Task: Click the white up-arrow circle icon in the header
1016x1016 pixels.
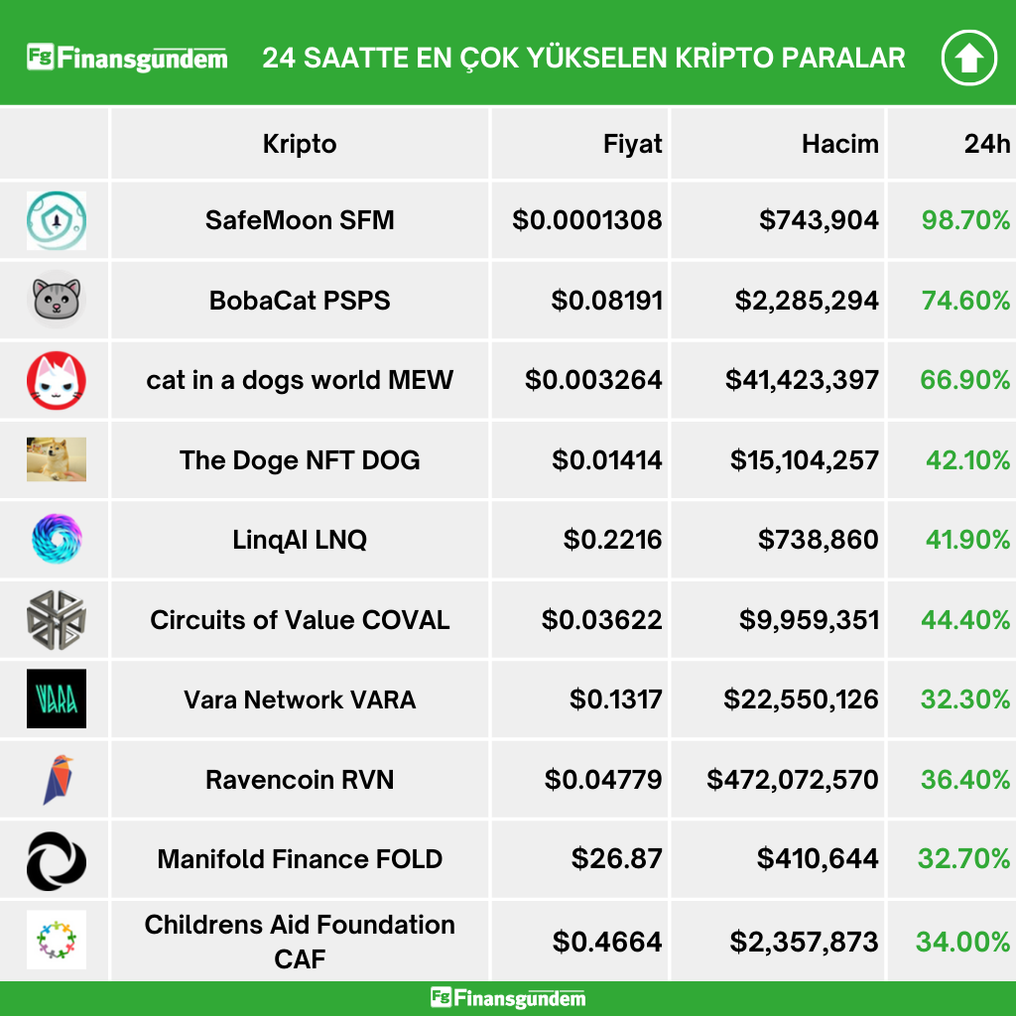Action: pyautogui.click(x=968, y=59)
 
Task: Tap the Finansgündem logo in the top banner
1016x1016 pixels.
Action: pyautogui.click(x=127, y=58)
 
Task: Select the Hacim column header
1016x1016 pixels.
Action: pyautogui.click(x=839, y=144)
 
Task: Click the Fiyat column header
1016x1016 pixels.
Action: pyautogui.click(x=632, y=144)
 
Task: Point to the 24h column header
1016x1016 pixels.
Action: pyautogui.click(x=986, y=144)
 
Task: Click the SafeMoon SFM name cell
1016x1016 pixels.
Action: pyautogui.click(x=300, y=220)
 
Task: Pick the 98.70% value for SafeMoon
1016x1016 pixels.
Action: pyautogui.click(x=965, y=220)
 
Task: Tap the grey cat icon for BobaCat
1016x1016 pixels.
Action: pyautogui.click(x=56, y=300)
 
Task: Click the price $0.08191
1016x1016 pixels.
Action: pyautogui.click(x=606, y=300)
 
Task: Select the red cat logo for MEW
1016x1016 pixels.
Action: pyautogui.click(x=56, y=380)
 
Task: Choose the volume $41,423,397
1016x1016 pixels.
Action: pyautogui.click(x=802, y=380)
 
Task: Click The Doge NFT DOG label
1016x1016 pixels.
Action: pyautogui.click(x=300, y=460)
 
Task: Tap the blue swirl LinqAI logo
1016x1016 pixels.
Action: pyautogui.click(x=56, y=540)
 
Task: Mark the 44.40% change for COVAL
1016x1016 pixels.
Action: pyautogui.click(x=965, y=620)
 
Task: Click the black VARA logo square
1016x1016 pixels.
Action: pyautogui.click(x=56, y=699)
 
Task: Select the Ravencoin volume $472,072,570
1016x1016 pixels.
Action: pyautogui.click(x=793, y=780)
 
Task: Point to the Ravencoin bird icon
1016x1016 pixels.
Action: pyautogui.click(x=57, y=780)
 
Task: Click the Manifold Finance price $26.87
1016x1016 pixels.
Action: pyautogui.click(x=616, y=859)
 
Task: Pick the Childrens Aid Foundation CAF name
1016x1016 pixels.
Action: pyautogui.click(x=300, y=941)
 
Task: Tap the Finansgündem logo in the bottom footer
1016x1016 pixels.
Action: pyautogui.click(x=508, y=998)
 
